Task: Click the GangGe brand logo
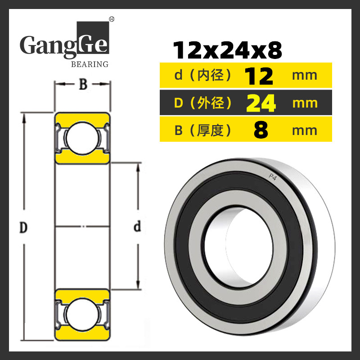click(64, 44)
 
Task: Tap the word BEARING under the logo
click(90, 64)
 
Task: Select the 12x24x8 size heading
click(227, 50)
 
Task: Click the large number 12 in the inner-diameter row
click(259, 76)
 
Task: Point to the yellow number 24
click(261, 103)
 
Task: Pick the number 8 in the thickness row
click(261, 130)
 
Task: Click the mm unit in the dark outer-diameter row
click(305, 103)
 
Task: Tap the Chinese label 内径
click(210, 76)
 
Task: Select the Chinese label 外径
click(210, 103)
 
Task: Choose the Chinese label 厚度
click(210, 130)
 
